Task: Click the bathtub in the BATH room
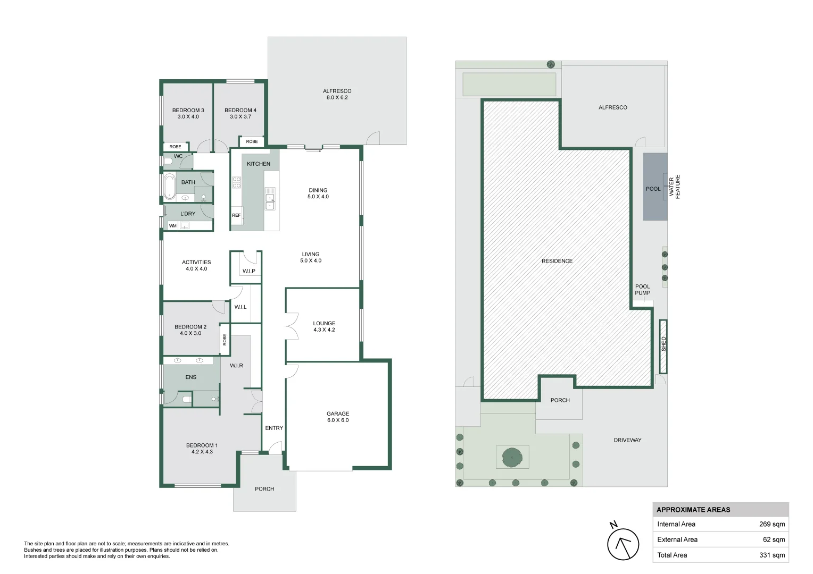pyautogui.click(x=169, y=187)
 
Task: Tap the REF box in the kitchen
pyautogui.click(x=236, y=215)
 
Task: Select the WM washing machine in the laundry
pyautogui.click(x=173, y=226)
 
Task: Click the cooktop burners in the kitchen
pyautogui.click(x=236, y=182)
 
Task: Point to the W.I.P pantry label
pyautogui.click(x=249, y=271)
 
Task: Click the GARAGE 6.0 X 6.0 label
pyautogui.click(x=338, y=417)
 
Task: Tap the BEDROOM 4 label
pyautogui.click(x=240, y=110)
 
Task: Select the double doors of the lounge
pyautogui.click(x=292, y=326)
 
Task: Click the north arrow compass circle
pyautogui.click(x=623, y=544)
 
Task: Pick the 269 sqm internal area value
pyautogui.click(x=772, y=524)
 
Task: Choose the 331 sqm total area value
pyautogui.click(x=772, y=555)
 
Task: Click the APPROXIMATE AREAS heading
pyautogui.click(x=693, y=510)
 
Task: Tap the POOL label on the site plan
pyautogui.click(x=653, y=189)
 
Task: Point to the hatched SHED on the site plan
pyautogui.click(x=663, y=347)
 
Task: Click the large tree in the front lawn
pyautogui.click(x=512, y=458)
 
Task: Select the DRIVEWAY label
pyautogui.click(x=627, y=440)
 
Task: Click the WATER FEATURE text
pyautogui.click(x=674, y=187)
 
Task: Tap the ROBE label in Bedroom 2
pyautogui.click(x=225, y=340)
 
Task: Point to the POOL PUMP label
pyautogui.click(x=642, y=290)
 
